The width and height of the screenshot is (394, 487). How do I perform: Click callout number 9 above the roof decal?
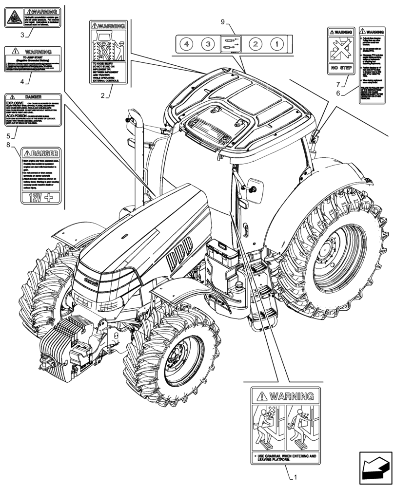click(222, 22)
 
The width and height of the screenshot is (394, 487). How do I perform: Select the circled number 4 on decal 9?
click(186, 44)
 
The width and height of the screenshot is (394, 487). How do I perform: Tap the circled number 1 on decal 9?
click(276, 44)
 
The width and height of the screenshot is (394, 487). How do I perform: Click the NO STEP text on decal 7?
click(339, 68)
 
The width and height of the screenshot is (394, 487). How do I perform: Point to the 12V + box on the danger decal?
click(41, 197)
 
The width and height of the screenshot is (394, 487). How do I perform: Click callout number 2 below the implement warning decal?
click(102, 95)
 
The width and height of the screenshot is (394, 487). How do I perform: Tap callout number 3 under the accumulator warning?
click(22, 35)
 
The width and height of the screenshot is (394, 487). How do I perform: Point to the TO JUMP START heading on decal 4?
click(32, 57)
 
